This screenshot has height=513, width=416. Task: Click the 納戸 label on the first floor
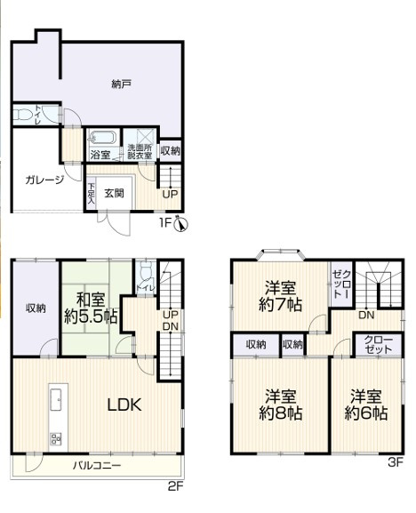click(121, 84)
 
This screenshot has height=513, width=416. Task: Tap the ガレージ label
click(44, 180)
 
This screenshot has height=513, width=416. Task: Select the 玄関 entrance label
click(114, 193)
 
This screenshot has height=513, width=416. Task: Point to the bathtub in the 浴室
click(102, 138)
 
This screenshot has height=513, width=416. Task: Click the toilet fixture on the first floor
click(22, 115)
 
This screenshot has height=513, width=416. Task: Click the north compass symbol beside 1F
click(181, 224)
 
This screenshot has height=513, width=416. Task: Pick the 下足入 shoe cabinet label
click(91, 194)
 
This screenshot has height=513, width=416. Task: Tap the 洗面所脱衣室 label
click(140, 152)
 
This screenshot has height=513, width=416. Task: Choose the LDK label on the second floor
click(124, 405)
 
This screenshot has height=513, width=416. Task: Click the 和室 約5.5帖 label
click(91, 308)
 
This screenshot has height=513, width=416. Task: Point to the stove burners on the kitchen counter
click(55, 438)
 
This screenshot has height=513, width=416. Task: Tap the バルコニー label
click(97, 465)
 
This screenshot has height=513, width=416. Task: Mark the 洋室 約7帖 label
click(280, 296)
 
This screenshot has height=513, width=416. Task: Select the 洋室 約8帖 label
click(280, 405)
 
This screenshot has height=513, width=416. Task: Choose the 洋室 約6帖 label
click(366, 405)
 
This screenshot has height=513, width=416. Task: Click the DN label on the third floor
click(366, 315)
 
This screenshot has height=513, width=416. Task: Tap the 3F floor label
click(396, 462)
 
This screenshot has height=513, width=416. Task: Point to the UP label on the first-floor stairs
click(170, 195)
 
